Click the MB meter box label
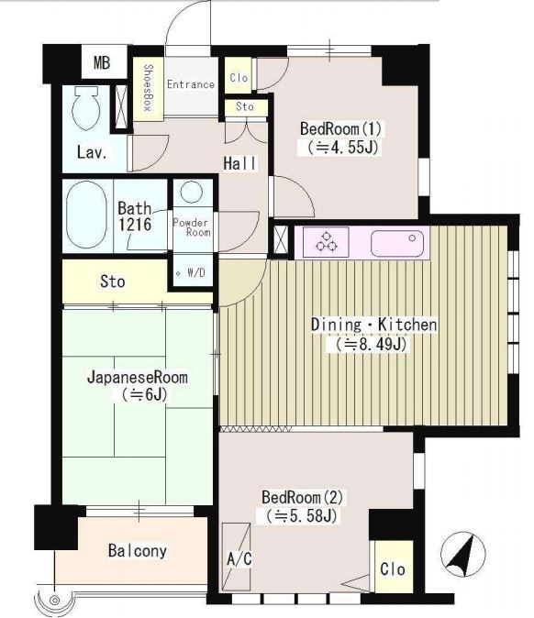coord(102,62)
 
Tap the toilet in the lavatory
coord(85,107)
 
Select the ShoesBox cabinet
coord(148,89)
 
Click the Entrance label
coord(191,84)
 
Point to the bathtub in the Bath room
coord(86,215)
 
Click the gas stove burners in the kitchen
coord(326,241)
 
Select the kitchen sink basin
coord(397,243)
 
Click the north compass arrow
coord(462,554)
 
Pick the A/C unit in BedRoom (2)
coord(236,557)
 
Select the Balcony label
coord(138,550)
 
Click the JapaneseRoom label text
coord(138,377)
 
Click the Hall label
coord(239,163)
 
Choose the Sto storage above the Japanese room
coord(113,281)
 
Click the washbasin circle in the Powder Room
coord(191,192)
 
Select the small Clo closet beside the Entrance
coord(239,77)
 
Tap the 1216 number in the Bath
coord(135,225)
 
